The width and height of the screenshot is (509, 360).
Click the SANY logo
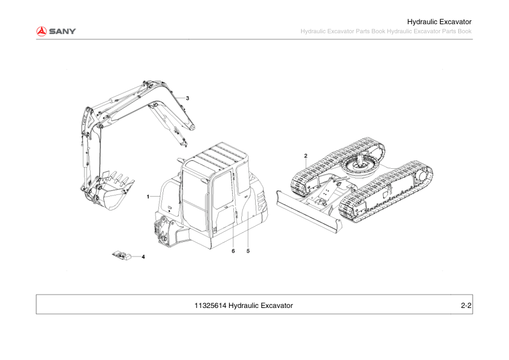pyautogui.click(x=55, y=31)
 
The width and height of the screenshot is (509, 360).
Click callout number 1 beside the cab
pyautogui.click(x=148, y=197)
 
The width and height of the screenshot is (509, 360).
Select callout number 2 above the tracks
pyautogui.click(x=306, y=155)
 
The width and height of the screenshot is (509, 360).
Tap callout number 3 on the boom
pyautogui.click(x=187, y=97)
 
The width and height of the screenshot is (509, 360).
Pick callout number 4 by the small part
pyautogui.click(x=143, y=257)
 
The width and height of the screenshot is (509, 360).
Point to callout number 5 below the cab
pyautogui.click(x=248, y=250)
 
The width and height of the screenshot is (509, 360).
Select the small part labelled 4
pyautogui.click(x=122, y=255)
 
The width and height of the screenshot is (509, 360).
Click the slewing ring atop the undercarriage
pyautogui.click(x=360, y=165)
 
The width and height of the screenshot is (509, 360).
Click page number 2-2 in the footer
pyautogui.click(x=465, y=306)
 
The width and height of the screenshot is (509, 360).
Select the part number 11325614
pyautogui.click(x=210, y=306)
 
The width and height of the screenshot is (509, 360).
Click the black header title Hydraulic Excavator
pyautogui.click(x=439, y=22)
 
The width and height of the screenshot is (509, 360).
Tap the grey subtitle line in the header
pyautogui.click(x=386, y=31)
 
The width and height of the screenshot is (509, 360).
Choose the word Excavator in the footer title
pyautogui.click(x=276, y=306)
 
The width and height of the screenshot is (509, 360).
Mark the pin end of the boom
pyautogui.click(x=192, y=128)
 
